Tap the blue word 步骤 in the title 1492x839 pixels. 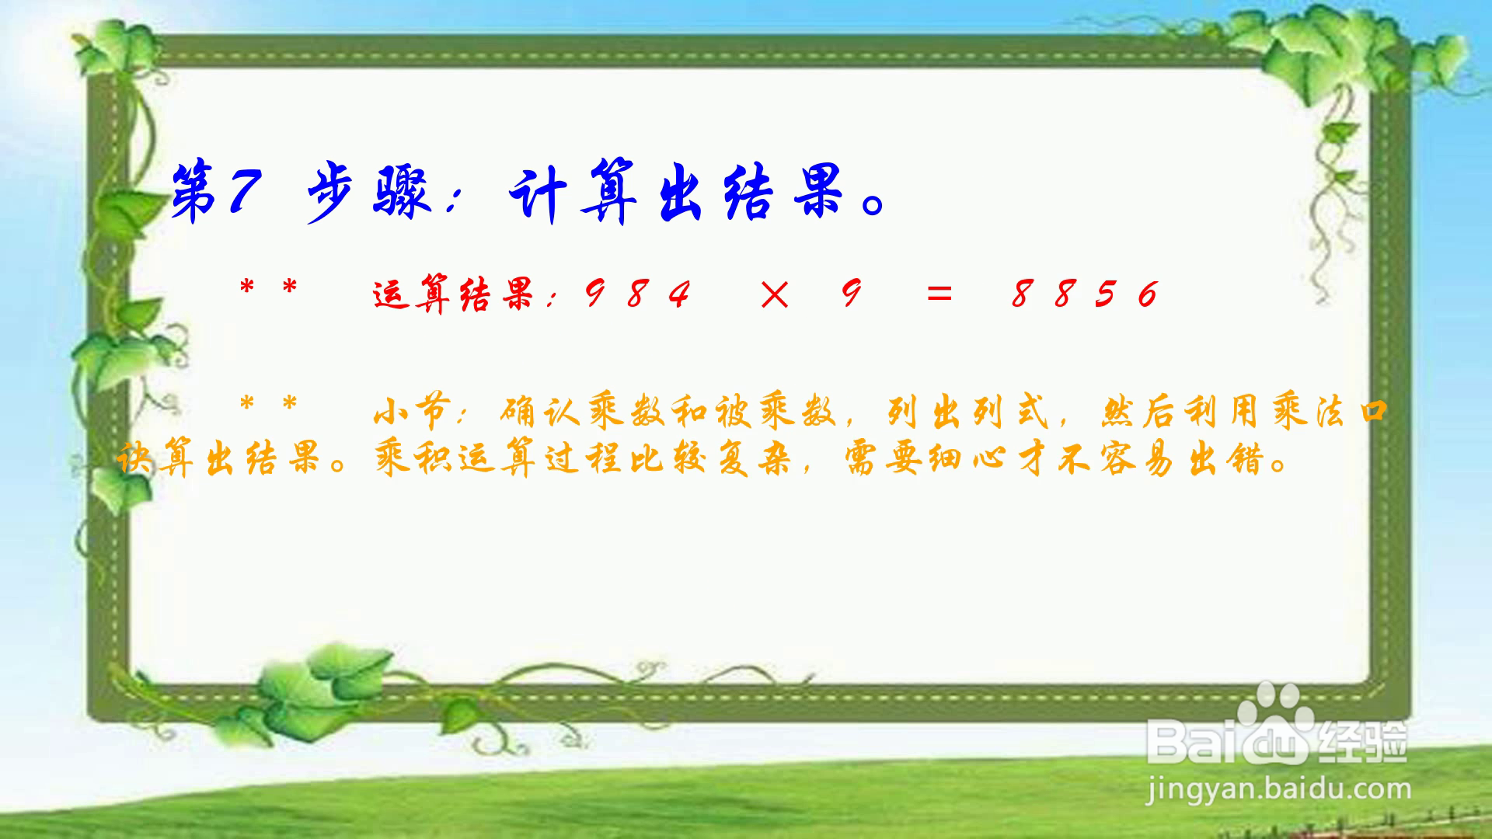coord(368,193)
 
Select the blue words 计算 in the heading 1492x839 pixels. coord(574,191)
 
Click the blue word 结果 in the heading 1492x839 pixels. coord(784,192)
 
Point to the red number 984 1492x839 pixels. coord(636,294)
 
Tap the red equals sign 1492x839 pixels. coord(939,294)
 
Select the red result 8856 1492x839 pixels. coord(1084,294)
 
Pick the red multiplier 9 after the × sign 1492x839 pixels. coord(852,294)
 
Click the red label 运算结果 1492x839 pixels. coord(454,294)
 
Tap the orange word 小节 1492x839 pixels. coord(412,412)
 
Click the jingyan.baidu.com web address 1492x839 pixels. coord(1278,789)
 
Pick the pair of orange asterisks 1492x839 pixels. coord(269,405)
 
